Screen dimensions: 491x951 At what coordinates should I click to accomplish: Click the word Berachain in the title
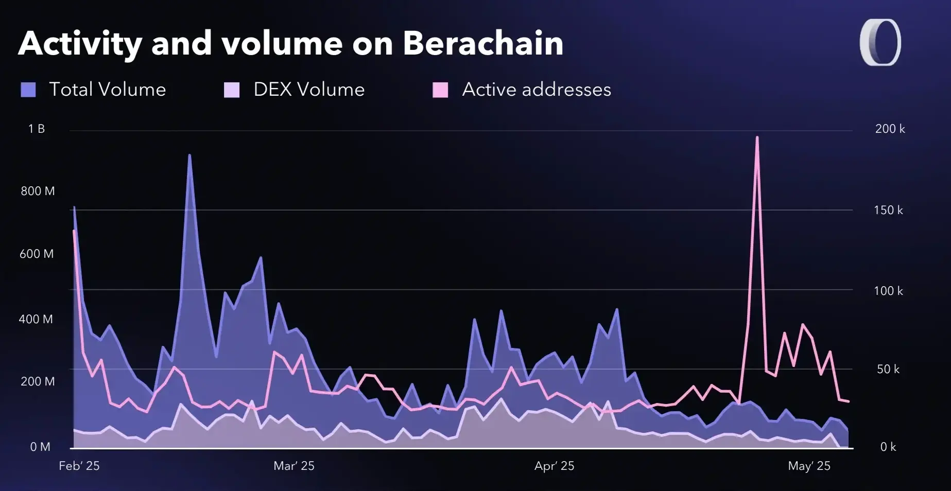click(x=483, y=43)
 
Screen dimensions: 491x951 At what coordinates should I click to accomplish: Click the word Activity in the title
click(x=80, y=43)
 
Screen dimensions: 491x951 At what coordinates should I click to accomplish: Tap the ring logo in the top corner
click(x=880, y=43)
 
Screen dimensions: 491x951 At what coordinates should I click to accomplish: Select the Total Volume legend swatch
click(x=28, y=90)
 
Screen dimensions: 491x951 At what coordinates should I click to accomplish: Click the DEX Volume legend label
click(x=309, y=90)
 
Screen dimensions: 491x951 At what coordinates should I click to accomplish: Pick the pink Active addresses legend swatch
click(x=440, y=90)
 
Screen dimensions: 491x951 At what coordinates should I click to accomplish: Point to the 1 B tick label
click(x=37, y=129)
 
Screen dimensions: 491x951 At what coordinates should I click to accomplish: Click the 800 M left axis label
click(x=38, y=191)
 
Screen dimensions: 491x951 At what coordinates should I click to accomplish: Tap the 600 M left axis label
click(x=37, y=254)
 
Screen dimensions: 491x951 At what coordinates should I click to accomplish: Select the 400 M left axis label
click(x=36, y=320)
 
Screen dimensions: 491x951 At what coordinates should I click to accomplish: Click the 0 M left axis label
click(x=40, y=447)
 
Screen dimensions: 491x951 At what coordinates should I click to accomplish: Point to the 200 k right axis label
click(x=890, y=129)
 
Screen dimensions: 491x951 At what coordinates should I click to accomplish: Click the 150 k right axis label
click(x=888, y=211)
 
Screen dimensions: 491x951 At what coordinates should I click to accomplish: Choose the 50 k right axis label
click(x=888, y=370)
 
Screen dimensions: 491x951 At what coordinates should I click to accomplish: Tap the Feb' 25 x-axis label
click(x=79, y=466)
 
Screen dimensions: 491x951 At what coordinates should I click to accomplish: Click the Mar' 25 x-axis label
click(x=294, y=466)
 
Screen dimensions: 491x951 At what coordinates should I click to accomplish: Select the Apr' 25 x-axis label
click(x=554, y=466)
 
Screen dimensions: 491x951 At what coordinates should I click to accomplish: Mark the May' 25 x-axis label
click(x=809, y=466)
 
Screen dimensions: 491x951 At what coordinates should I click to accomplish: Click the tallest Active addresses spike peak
click(x=757, y=137)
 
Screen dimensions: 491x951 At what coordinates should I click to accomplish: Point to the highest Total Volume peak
click(x=189, y=155)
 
